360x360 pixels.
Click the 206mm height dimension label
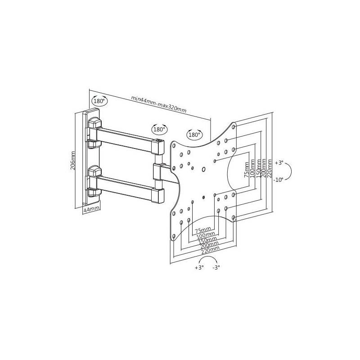(73, 160)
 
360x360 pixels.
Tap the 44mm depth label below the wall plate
(91, 209)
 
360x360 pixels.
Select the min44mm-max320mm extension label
(159, 104)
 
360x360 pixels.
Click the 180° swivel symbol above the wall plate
(99, 100)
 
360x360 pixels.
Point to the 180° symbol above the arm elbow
(159, 129)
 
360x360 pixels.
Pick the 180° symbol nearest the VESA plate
(194, 134)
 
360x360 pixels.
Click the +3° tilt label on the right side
(279, 163)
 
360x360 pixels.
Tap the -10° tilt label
(279, 180)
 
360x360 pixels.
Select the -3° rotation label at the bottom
(216, 267)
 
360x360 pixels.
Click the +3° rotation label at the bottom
(199, 267)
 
